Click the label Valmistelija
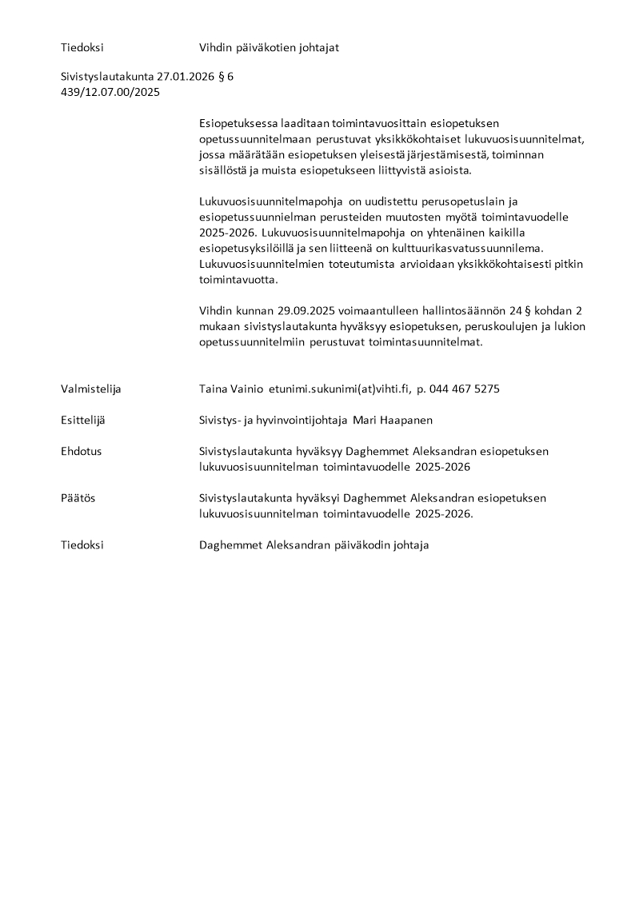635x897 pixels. [x=90, y=389]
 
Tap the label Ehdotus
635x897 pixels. [x=81, y=452]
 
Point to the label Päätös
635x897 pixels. [x=78, y=498]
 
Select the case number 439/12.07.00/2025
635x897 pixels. [x=110, y=93]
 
